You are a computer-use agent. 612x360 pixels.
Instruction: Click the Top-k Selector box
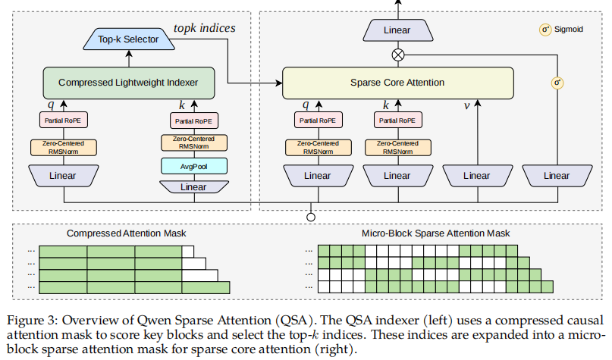pyautogui.click(x=129, y=39)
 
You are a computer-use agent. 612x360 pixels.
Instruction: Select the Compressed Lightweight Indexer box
pyautogui.click(x=129, y=83)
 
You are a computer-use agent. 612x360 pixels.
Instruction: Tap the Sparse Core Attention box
pyautogui.click(x=397, y=83)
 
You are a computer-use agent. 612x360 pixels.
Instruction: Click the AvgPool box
pyautogui.click(x=194, y=166)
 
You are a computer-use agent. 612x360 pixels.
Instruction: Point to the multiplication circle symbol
pyautogui.click(x=397, y=55)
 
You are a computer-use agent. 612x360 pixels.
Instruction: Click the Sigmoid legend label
pyautogui.click(x=568, y=30)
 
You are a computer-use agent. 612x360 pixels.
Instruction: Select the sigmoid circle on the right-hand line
pyautogui.click(x=557, y=83)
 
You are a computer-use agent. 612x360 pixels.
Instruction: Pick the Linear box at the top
pyautogui.click(x=397, y=30)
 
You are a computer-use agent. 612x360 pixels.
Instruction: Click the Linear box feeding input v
pyautogui.click(x=477, y=176)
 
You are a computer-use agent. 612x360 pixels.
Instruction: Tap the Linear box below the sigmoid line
pyautogui.click(x=557, y=176)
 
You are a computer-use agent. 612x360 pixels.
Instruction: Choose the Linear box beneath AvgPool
pyautogui.click(x=194, y=187)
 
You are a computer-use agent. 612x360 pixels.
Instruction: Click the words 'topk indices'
pyautogui.click(x=205, y=28)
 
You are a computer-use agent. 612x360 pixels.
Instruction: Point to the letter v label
pyautogui.click(x=466, y=105)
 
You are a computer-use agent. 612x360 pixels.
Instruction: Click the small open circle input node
pyautogui.click(x=311, y=218)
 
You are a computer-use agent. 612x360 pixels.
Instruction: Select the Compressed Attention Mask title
pyautogui.click(x=126, y=233)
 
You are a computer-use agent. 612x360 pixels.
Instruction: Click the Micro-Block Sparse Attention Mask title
pyautogui.click(x=435, y=233)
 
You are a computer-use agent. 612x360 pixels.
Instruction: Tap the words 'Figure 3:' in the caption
pyautogui.click(x=33, y=321)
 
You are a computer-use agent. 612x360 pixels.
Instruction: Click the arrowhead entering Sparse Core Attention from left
pyautogui.click(x=278, y=83)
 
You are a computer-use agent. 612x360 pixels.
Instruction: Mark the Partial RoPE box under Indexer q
pyautogui.click(x=63, y=121)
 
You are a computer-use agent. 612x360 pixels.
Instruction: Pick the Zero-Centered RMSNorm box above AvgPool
pyautogui.click(x=194, y=142)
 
